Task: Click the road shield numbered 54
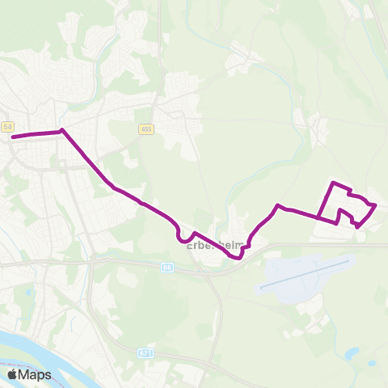click(x=8, y=127)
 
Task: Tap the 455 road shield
click(x=146, y=129)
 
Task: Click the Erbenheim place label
click(x=213, y=246)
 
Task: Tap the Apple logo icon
click(x=13, y=375)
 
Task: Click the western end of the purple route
click(x=13, y=136)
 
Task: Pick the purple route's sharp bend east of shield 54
click(x=61, y=130)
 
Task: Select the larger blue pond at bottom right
click(x=352, y=352)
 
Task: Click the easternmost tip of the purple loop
click(x=377, y=206)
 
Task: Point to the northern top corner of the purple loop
click(x=333, y=183)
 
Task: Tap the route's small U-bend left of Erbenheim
click(x=179, y=234)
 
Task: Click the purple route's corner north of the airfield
click(x=278, y=206)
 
